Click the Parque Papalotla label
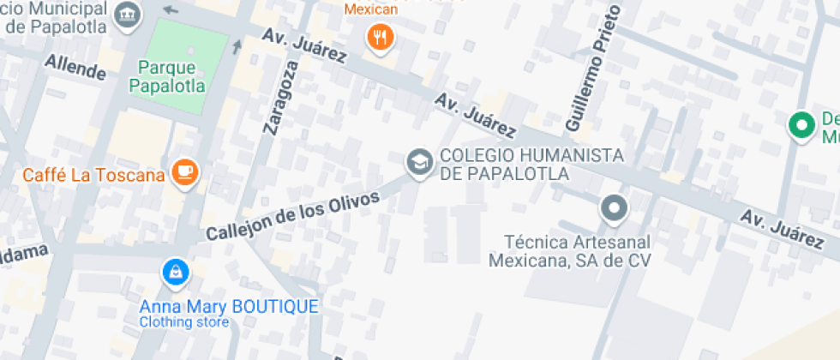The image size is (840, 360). click(166, 76)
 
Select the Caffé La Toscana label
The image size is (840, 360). click(93, 176)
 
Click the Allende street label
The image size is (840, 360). click(75, 67)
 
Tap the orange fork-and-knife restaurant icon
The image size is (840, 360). click(380, 37)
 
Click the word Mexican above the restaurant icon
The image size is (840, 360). click(371, 9)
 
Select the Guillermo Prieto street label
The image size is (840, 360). click(592, 69)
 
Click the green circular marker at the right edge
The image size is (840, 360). click(802, 124)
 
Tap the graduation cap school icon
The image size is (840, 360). click(419, 162)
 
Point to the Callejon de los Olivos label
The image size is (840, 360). click(292, 216)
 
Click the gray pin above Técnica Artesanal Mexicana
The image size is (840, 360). click(614, 208)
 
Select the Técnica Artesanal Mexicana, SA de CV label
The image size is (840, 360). click(570, 250)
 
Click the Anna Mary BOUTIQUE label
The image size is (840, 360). click(230, 306)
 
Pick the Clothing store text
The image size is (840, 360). click(184, 322)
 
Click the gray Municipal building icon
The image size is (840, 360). click(129, 14)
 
